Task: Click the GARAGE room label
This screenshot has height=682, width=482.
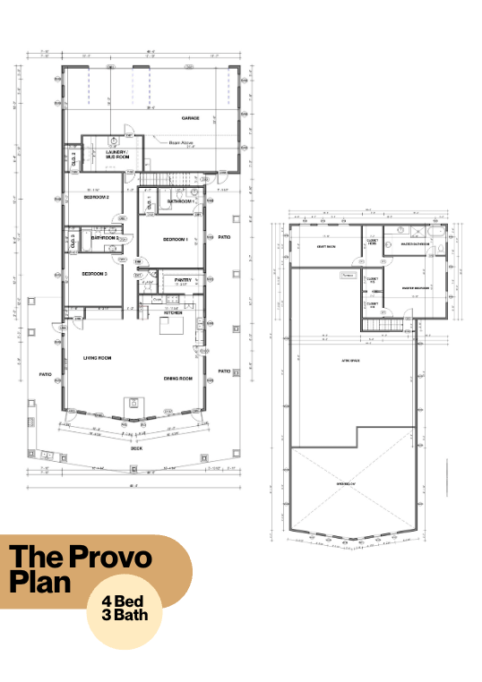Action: point(190,118)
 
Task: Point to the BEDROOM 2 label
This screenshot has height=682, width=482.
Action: point(97,197)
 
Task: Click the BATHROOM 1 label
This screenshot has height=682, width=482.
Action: point(181,201)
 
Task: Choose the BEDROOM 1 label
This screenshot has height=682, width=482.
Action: point(175,240)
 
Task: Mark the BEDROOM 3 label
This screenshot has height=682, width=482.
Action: point(94,273)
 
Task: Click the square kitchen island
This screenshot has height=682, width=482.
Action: point(171,326)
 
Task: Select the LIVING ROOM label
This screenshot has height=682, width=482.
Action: point(97,357)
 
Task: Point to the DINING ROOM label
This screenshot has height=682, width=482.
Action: point(178,379)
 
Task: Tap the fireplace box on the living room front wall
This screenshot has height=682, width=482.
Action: point(133,402)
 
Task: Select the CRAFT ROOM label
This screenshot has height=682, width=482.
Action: point(325,248)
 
